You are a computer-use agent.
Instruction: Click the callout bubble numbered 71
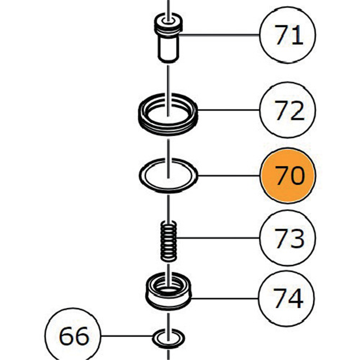pos(288,35)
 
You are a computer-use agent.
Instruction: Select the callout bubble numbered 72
pos(288,110)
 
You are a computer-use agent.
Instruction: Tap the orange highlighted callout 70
pos(288,175)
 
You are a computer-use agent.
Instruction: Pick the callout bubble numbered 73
pos(288,238)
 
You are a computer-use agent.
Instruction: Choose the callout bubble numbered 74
pos(286,298)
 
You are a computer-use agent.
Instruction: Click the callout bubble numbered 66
pos(73,336)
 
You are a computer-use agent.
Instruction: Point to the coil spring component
pos(168,241)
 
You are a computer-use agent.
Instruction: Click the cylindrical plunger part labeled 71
pos(168,38)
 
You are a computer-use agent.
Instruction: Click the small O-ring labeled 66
pos(153,338)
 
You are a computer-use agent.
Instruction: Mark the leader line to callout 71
pos(219,35)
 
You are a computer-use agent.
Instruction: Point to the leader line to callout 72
pos(229,110)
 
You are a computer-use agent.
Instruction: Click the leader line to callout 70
pos(229,175)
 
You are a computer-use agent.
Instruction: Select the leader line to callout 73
pos(218,238)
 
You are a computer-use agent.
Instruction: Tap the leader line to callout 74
pos(225,298)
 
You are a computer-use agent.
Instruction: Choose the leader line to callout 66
pos(127,336)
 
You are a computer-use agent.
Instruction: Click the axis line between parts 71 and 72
pos(168,91)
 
